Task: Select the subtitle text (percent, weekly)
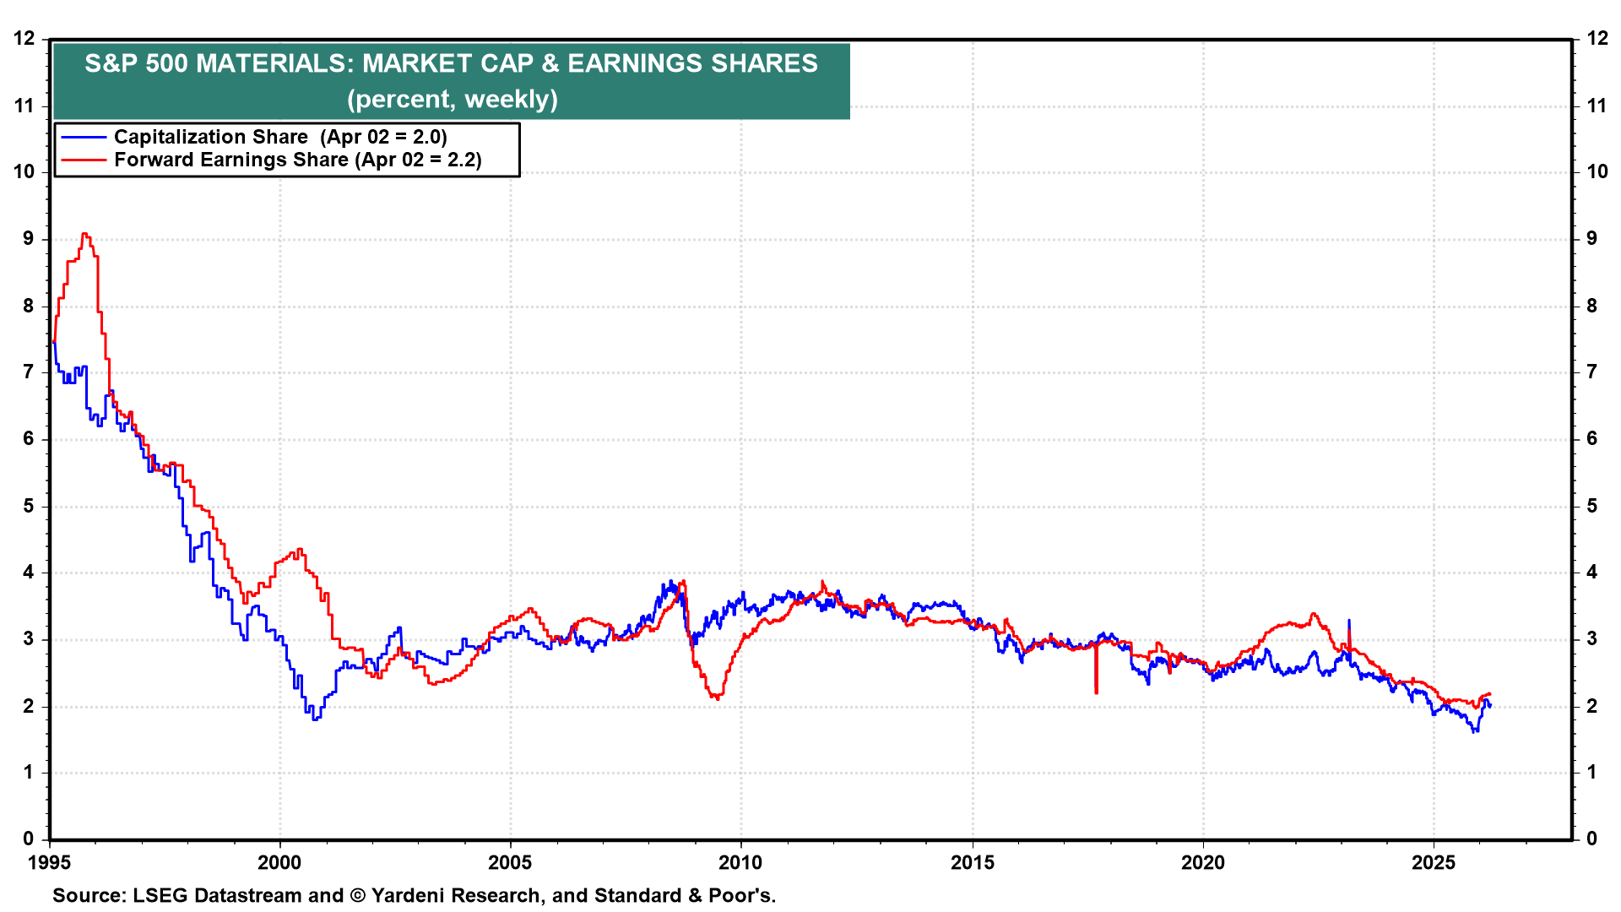click(452, 99)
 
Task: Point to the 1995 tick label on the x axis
click(49, 862)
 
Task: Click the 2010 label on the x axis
click(740, 862)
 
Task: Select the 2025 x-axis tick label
click(1433, 862)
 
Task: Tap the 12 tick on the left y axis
click(24, 38)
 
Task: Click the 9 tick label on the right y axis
click(1592, 238)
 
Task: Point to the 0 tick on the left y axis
click(29, 839)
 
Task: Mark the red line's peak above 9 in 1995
click(84, 234)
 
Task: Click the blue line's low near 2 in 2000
click(315, 719)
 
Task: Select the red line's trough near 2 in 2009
click(717, 698)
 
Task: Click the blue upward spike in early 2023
click(1348, 621)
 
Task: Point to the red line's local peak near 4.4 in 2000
click(300, 550)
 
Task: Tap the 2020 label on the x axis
click(1202, 862)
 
